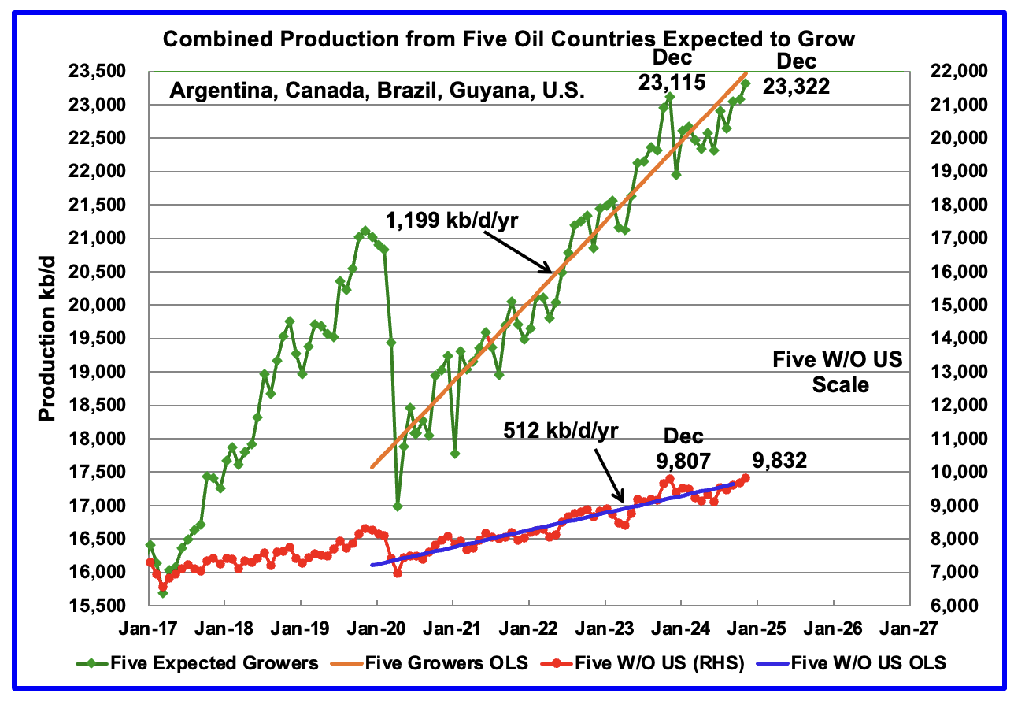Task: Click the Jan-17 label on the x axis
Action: pos(149,630)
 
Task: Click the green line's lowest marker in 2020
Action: pos(398,506)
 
